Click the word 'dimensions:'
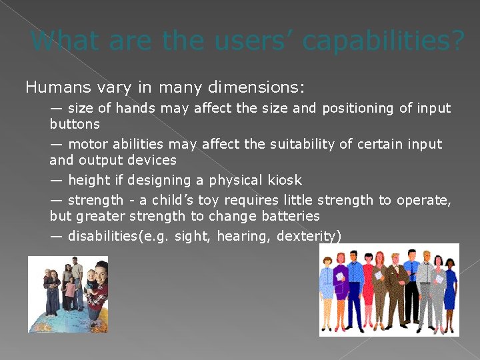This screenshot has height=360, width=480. (256, 87)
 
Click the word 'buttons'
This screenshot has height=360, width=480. (74, 124)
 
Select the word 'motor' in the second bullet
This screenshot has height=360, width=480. (85, 144)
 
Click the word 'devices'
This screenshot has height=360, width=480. (152, 160)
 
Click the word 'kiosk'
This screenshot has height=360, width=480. (283, 180)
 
